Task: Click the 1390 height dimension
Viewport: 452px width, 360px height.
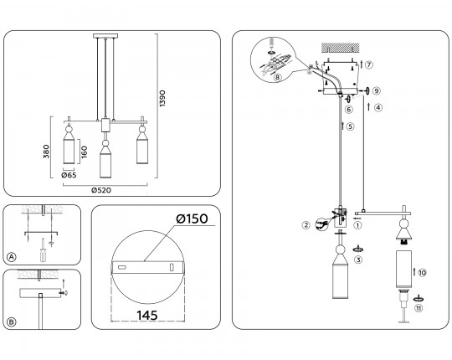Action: click(162, 98)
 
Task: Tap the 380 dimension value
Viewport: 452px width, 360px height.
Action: click(46, 152)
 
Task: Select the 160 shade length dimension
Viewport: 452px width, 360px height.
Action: click(84, 152)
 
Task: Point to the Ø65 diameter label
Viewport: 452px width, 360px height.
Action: click(69, 175)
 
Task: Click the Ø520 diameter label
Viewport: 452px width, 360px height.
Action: click(101, 190)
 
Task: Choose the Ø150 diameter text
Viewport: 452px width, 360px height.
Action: click(192, 219)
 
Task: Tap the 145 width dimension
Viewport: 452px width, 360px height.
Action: click(147, 316)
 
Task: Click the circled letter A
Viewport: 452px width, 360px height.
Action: click(11, 257)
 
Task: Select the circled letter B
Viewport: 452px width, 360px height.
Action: click(11, 322)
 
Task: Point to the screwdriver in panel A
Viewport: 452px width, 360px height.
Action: click(43, 250)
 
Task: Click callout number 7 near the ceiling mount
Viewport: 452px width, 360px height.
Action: click(369, 64)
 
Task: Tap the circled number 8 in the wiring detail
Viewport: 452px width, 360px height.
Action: click(277, 77)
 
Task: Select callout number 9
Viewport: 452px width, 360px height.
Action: click(377, 90)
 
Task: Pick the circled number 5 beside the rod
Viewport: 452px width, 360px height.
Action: click(350, 126)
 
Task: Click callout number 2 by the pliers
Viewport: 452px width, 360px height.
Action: click(306, 225)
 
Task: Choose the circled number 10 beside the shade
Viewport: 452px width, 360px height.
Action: click(423, 272)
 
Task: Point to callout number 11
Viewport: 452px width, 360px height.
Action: click(419, 308)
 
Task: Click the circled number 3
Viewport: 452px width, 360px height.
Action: click(358, 260)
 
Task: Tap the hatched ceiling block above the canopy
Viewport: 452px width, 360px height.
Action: click(341, 48)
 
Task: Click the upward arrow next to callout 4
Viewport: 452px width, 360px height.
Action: click(368, 106)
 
